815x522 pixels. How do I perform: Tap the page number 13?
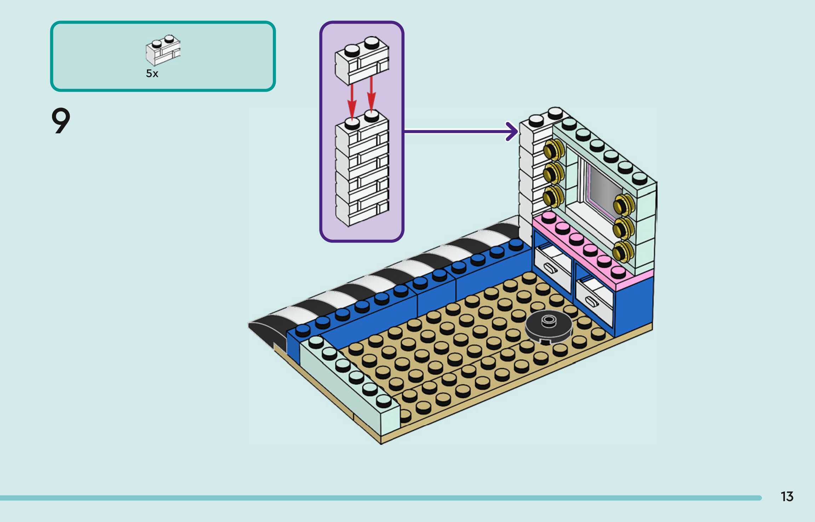(x=787, y=497)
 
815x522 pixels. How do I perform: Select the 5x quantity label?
(x=152, y=74)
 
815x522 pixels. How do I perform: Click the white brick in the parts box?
(x=163, y=51)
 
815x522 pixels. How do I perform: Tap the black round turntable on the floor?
(x=548, y=327)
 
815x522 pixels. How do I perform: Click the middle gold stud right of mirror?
(x=623, y=227)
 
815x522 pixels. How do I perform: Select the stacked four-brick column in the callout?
(x=362, y=170)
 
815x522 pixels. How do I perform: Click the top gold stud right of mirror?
(x=623, y=204)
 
